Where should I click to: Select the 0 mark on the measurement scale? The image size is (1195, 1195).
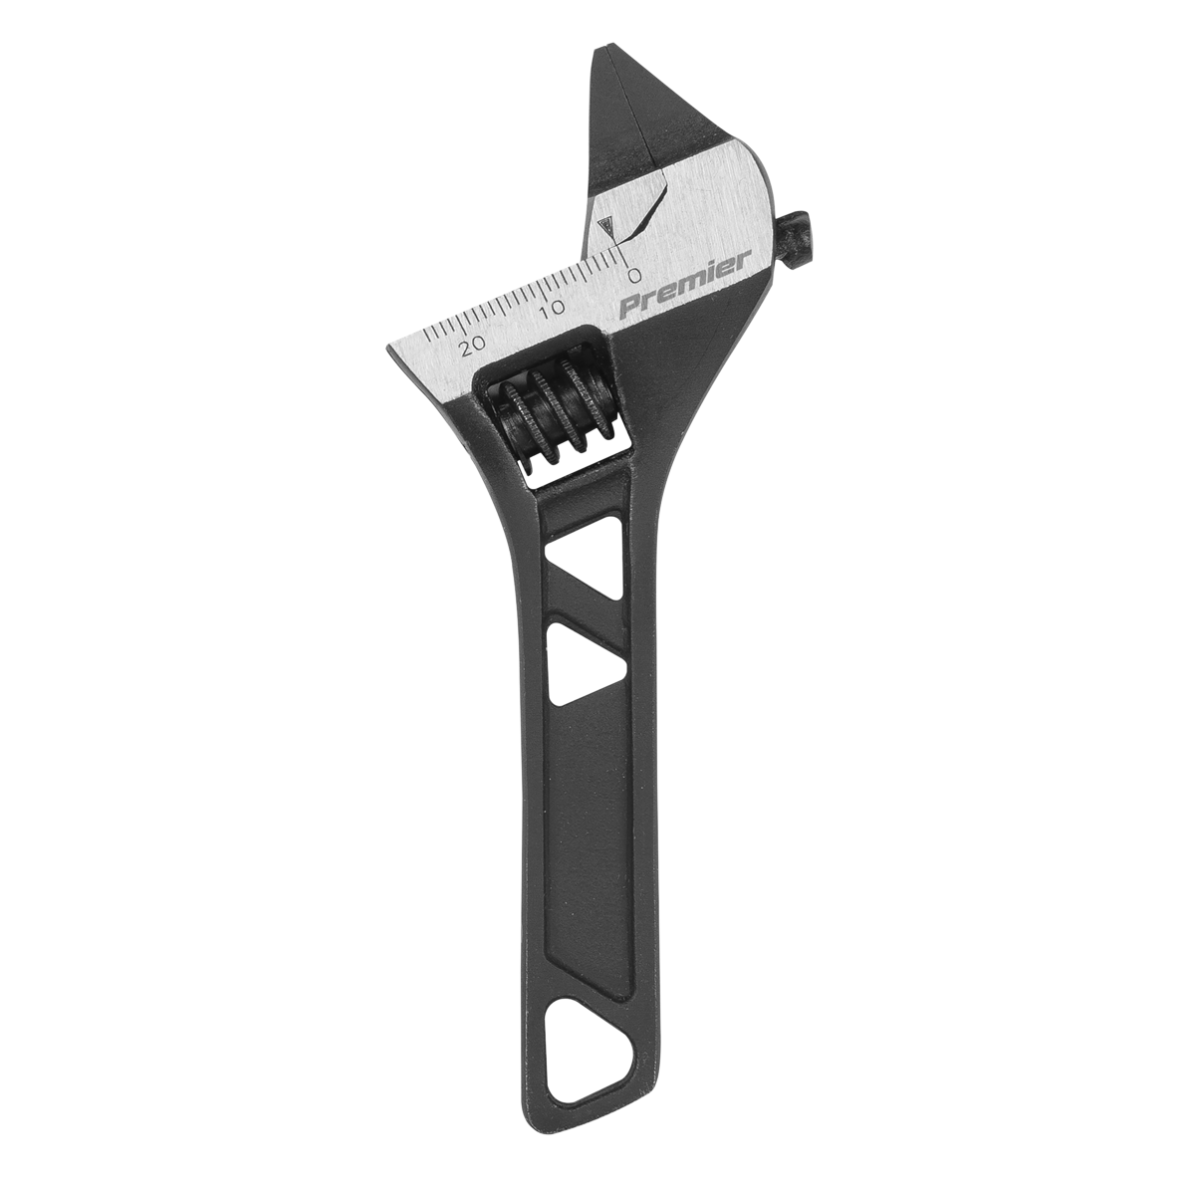click(632, 274)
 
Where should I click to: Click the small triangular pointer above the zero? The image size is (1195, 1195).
click(607, 227)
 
